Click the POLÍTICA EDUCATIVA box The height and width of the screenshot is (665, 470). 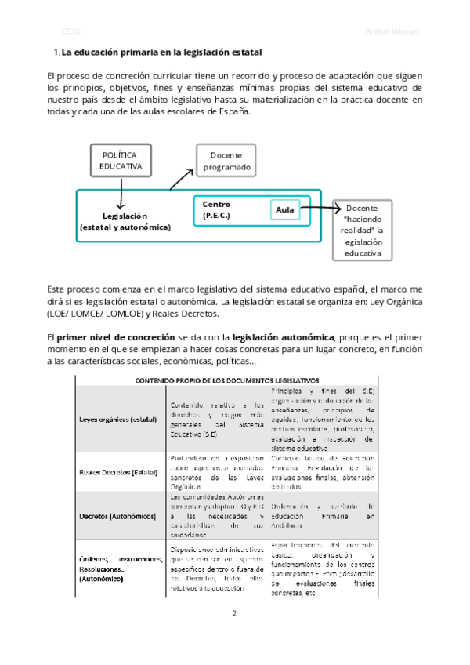coord(122,161)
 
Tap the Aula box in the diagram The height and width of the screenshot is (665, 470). coord(285,209)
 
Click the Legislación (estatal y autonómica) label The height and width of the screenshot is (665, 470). coord(125,221)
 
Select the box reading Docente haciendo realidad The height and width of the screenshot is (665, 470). coord(362,231)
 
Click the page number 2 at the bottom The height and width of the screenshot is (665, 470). coord(234,612)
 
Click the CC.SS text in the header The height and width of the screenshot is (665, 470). coord(71,31)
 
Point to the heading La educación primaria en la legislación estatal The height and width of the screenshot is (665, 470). coord(161,53)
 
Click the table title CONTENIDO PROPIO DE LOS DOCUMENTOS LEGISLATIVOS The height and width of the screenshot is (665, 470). coord(222,380)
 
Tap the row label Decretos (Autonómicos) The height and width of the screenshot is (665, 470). coord(117,515)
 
